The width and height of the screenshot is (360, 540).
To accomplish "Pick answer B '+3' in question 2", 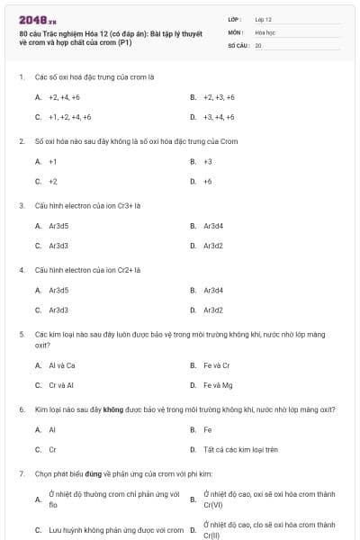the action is (208, 161).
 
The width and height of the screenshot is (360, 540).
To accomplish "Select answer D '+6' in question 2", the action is (208, 181).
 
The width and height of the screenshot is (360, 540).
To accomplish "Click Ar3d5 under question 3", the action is (58, 225).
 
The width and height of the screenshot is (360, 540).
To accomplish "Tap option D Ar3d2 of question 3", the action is (213, 245).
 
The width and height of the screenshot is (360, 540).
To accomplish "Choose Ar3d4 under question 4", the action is (213, 290).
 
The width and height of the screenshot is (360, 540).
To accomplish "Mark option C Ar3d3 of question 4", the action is (58, 310).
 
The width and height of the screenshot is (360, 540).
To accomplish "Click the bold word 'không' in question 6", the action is (112, 409).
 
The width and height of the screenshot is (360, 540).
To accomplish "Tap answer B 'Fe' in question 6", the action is (208, 429).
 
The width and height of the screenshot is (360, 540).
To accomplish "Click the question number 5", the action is (21, 334).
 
